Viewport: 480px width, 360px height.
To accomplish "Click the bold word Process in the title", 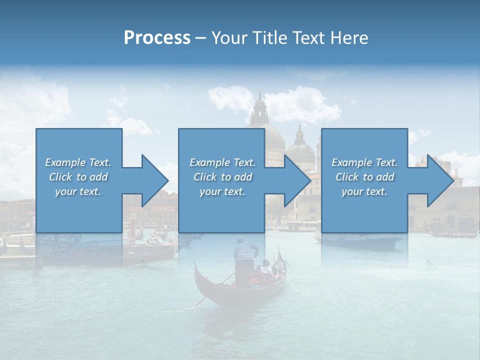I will (157, 38).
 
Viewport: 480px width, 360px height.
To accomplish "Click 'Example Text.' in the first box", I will (78, 162).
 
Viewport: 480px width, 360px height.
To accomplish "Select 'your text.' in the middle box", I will (222, 191).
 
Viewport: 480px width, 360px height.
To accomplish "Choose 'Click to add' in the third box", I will (364, 177).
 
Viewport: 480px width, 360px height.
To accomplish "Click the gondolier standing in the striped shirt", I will (245, 260).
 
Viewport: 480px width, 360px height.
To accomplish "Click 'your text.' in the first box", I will (78, 191).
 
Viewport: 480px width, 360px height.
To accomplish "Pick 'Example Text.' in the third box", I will (364, 162).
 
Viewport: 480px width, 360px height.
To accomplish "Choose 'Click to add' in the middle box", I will (222, 177).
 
